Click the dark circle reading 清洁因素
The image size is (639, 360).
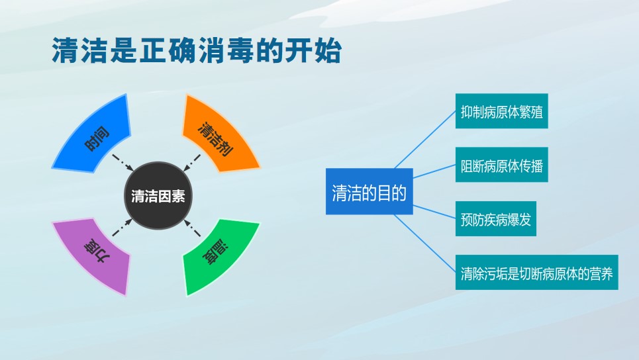pos(158,196)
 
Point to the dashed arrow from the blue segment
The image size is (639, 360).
pos(123,163)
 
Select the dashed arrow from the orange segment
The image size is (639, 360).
pos(192,163)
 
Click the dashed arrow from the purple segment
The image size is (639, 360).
pos(123,228)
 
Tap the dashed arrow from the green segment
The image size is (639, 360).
pos(192,228)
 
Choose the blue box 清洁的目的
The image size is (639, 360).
pos(369,191)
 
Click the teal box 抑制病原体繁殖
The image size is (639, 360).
pos(502,111)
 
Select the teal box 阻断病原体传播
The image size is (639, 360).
pos(502,165)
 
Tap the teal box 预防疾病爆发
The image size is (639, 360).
pos(495,218)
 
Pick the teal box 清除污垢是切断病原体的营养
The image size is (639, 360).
pos(537,273)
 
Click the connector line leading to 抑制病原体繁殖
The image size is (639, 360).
pos(425,140)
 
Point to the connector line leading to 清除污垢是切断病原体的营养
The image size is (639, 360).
pos(425,244)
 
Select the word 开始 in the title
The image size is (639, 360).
pos(313,50)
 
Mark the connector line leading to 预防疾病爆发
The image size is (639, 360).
pos(434,212)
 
